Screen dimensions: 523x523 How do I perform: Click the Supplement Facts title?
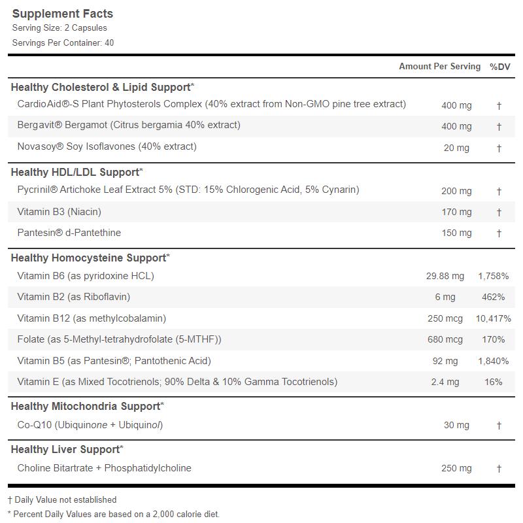62,14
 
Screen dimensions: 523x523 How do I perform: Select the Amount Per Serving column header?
439,67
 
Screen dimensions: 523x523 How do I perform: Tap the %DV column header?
499,67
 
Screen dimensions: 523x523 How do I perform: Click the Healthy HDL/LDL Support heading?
76,173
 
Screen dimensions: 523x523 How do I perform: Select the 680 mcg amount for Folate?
445,339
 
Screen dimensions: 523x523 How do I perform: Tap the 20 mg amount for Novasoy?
456,148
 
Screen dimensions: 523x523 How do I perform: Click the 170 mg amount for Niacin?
456,212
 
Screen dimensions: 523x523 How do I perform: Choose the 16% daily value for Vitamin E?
494,382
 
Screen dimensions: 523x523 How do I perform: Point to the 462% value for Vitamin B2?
494,297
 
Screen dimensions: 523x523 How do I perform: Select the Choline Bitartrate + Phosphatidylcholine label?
105,468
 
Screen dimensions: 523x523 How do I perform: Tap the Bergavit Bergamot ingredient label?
129,125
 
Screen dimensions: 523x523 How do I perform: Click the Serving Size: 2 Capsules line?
59,28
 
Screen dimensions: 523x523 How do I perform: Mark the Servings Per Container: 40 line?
63,43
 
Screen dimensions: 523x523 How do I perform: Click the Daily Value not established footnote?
62,500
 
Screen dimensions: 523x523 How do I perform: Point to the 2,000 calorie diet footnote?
114,515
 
